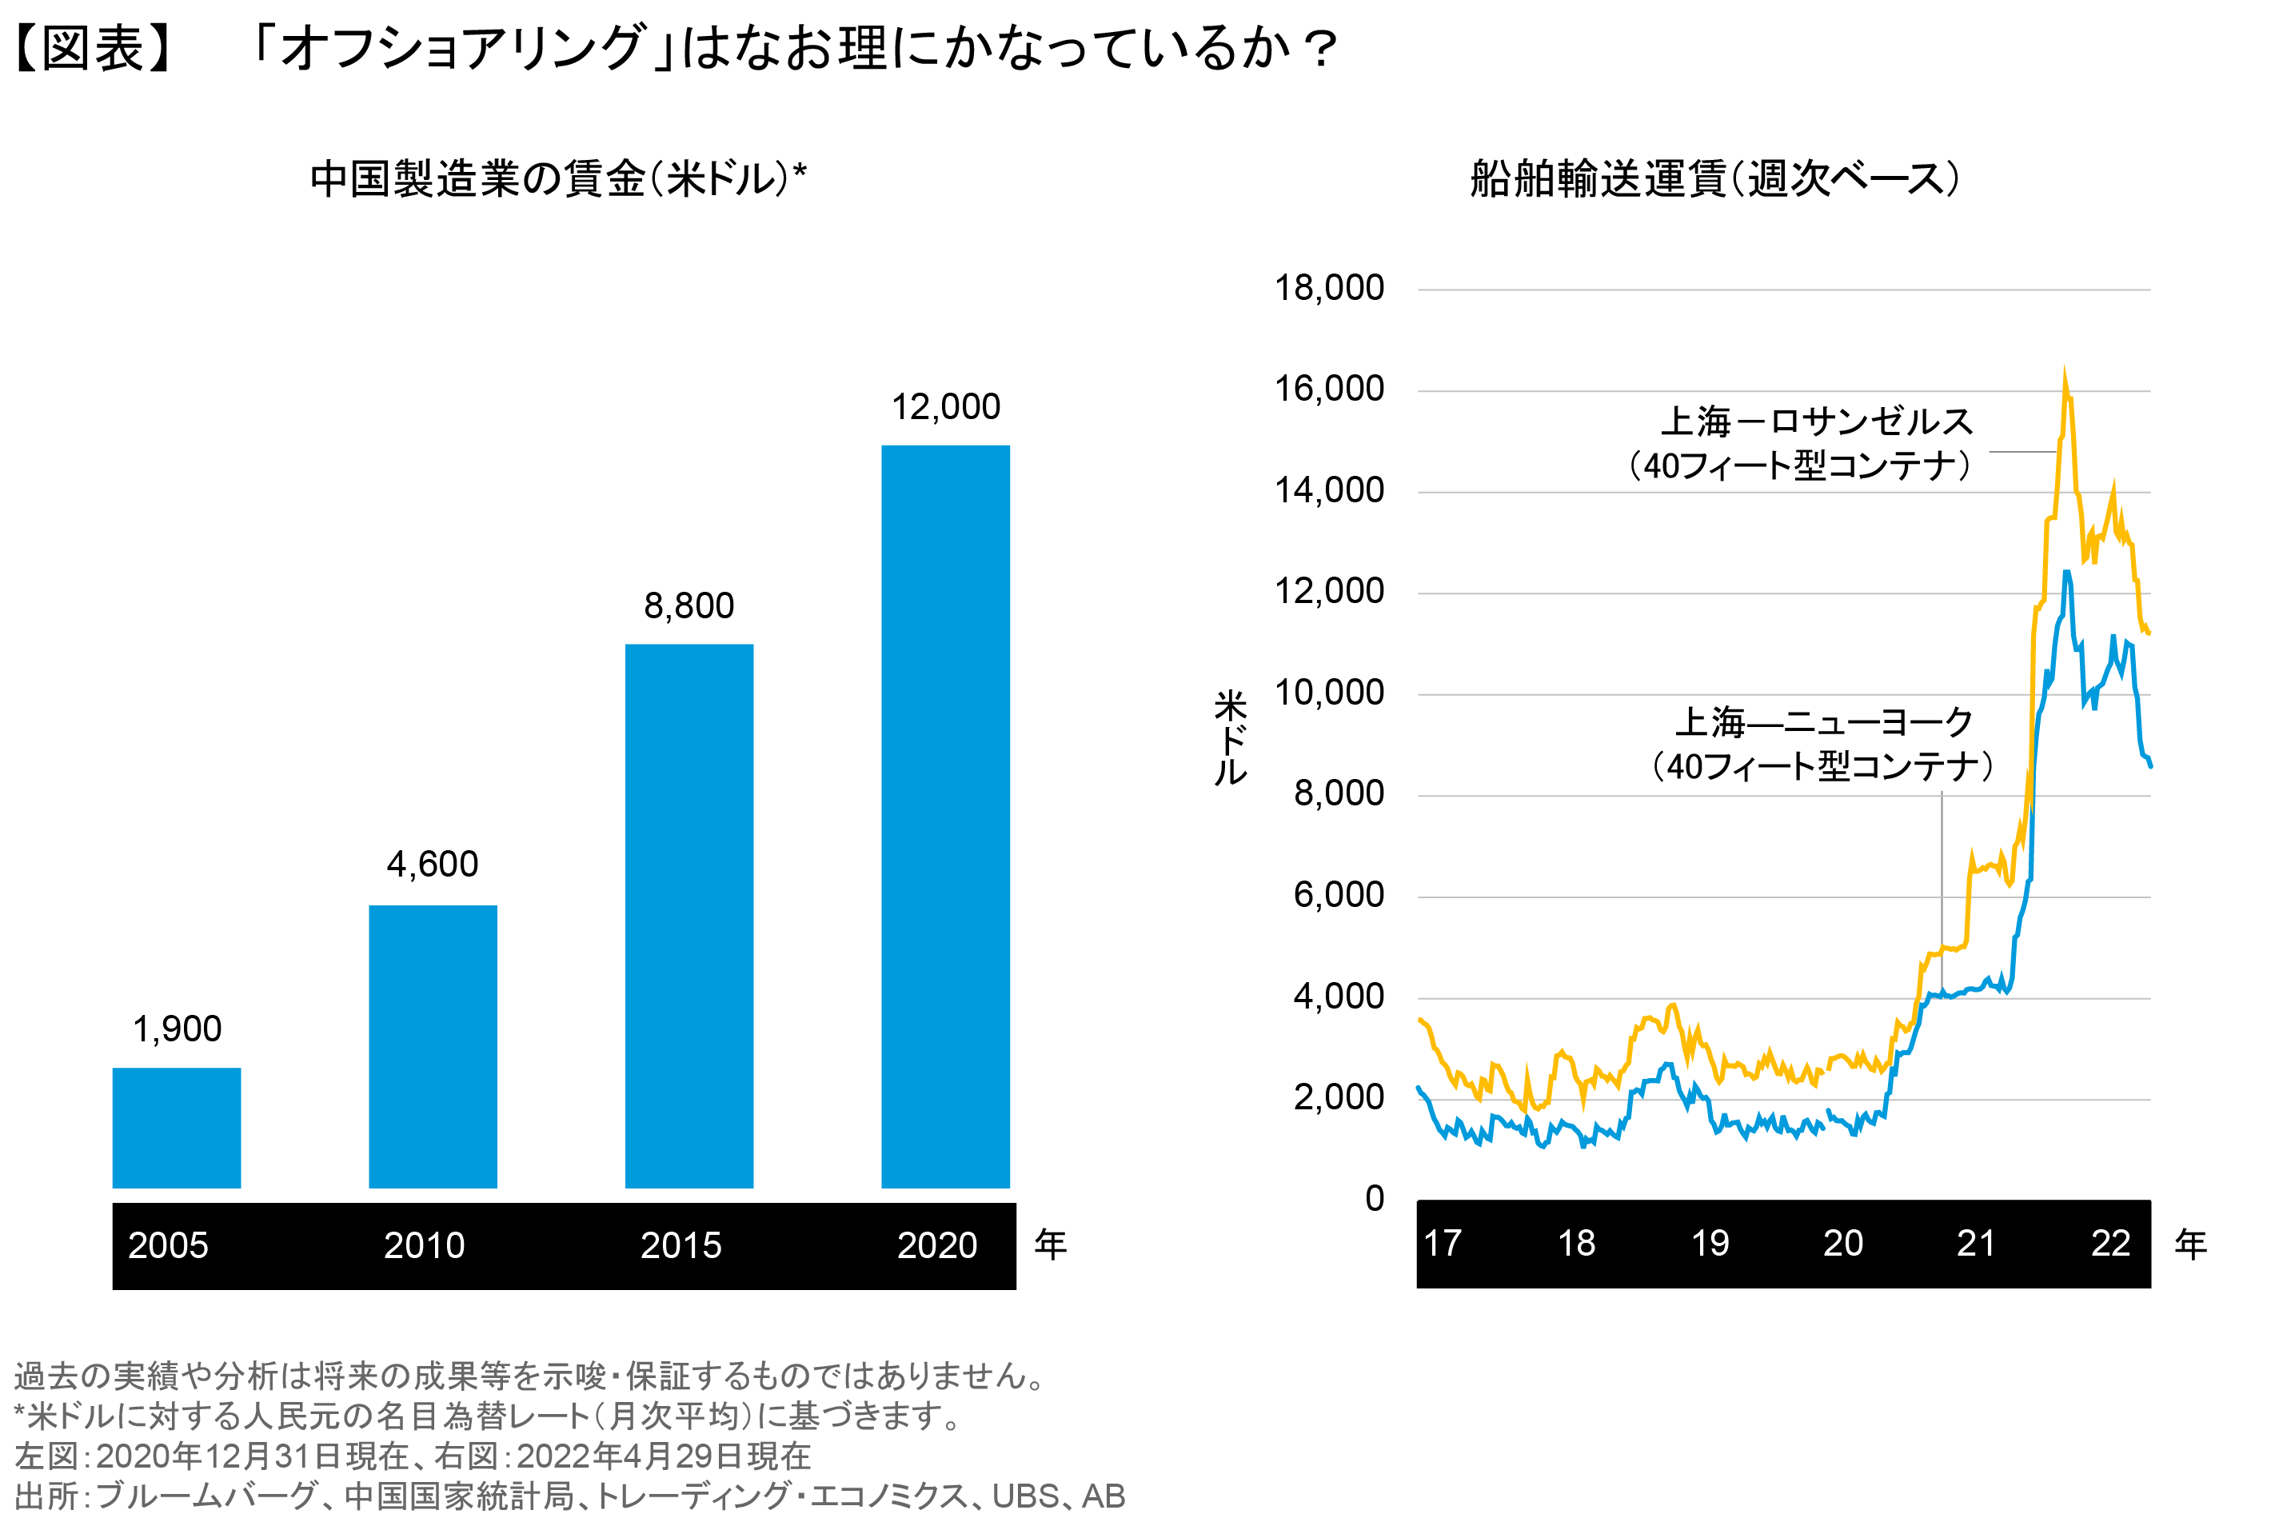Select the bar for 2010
click(433, 1045)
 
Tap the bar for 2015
click(688, 914)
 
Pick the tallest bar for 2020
click(945, 815)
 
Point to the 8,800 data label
click(688, 605)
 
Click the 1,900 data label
click(177, 1029)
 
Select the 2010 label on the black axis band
click(424, 1245)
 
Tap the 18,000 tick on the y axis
click(1328, 288)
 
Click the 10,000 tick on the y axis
click(1328, 693)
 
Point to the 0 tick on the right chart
click(1374, 1199)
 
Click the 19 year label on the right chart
click(1710, 1244)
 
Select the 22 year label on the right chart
click(2110, 1244)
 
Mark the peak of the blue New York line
click(2066, 573)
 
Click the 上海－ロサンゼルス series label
click(1816, 422)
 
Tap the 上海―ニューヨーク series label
click(1824, 722)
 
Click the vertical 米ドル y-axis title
click(1230, 737)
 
